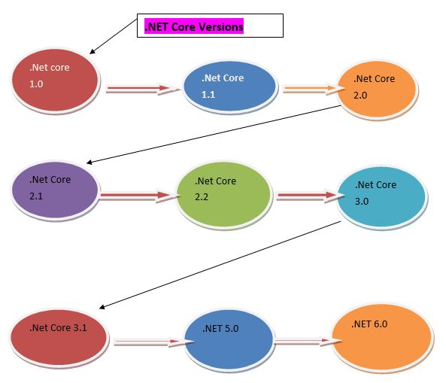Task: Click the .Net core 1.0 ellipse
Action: pyautogui.click(x=55, y=78)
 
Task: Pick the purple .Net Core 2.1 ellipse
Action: pyautogui.click(x=55, y=190)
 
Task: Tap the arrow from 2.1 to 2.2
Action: pyautogui.click(x=137, y=197)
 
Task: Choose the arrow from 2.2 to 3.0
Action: pyautogui.click(x=305, y=197)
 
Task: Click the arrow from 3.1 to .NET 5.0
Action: pyautogui.click(x=147, y=342)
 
